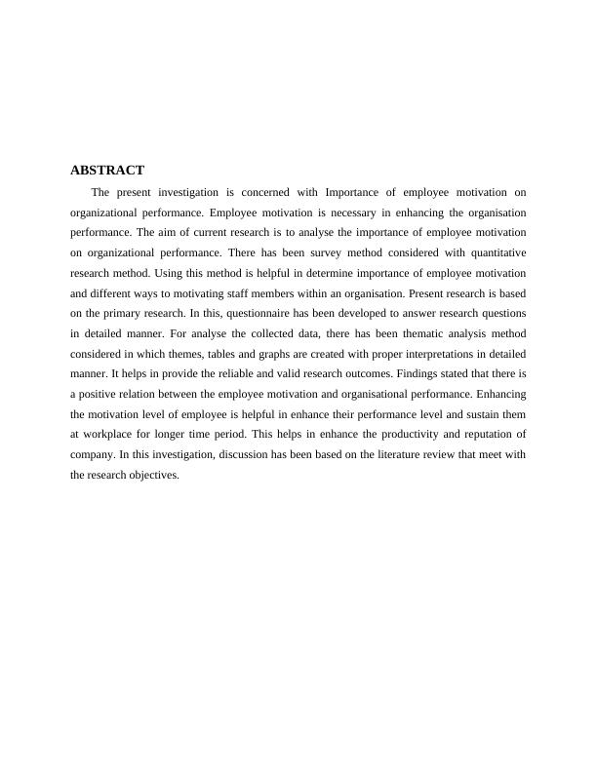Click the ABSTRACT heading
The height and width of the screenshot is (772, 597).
click(x=107, y=170)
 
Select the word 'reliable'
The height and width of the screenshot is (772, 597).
click(x=227, y=374)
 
